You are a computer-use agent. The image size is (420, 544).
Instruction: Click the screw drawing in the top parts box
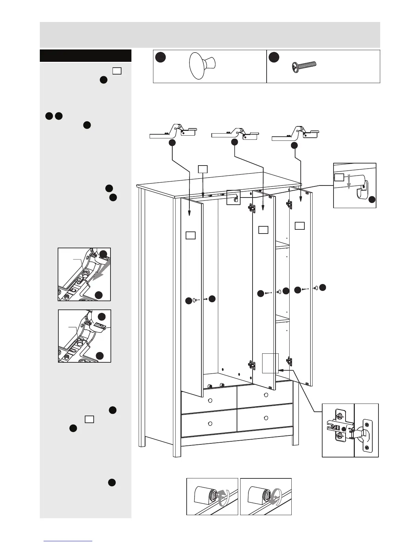coord(304,66)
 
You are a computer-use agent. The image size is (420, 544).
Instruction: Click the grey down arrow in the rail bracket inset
coord(349,181)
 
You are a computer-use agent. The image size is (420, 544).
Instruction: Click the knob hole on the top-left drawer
coord(210,400)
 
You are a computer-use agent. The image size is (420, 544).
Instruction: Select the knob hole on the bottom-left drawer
coord(210,423)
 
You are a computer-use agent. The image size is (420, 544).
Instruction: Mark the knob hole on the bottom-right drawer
coord(266,418)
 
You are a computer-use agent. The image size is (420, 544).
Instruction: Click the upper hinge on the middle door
coord(252,208)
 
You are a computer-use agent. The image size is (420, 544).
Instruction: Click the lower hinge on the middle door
coord(252,364)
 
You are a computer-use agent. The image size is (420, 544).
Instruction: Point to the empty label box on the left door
coord(190,235)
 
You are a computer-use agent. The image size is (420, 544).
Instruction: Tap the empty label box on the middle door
coord(263,229)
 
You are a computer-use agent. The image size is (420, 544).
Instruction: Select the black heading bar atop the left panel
coord(85,56)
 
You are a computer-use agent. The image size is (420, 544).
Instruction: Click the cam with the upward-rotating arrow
coord(212,496)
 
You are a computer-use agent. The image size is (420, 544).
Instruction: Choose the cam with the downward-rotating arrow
coord(266,496)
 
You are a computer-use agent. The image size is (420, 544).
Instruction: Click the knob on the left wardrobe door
coord(195,300)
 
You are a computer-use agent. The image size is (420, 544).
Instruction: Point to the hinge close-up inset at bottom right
coord(350,430)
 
